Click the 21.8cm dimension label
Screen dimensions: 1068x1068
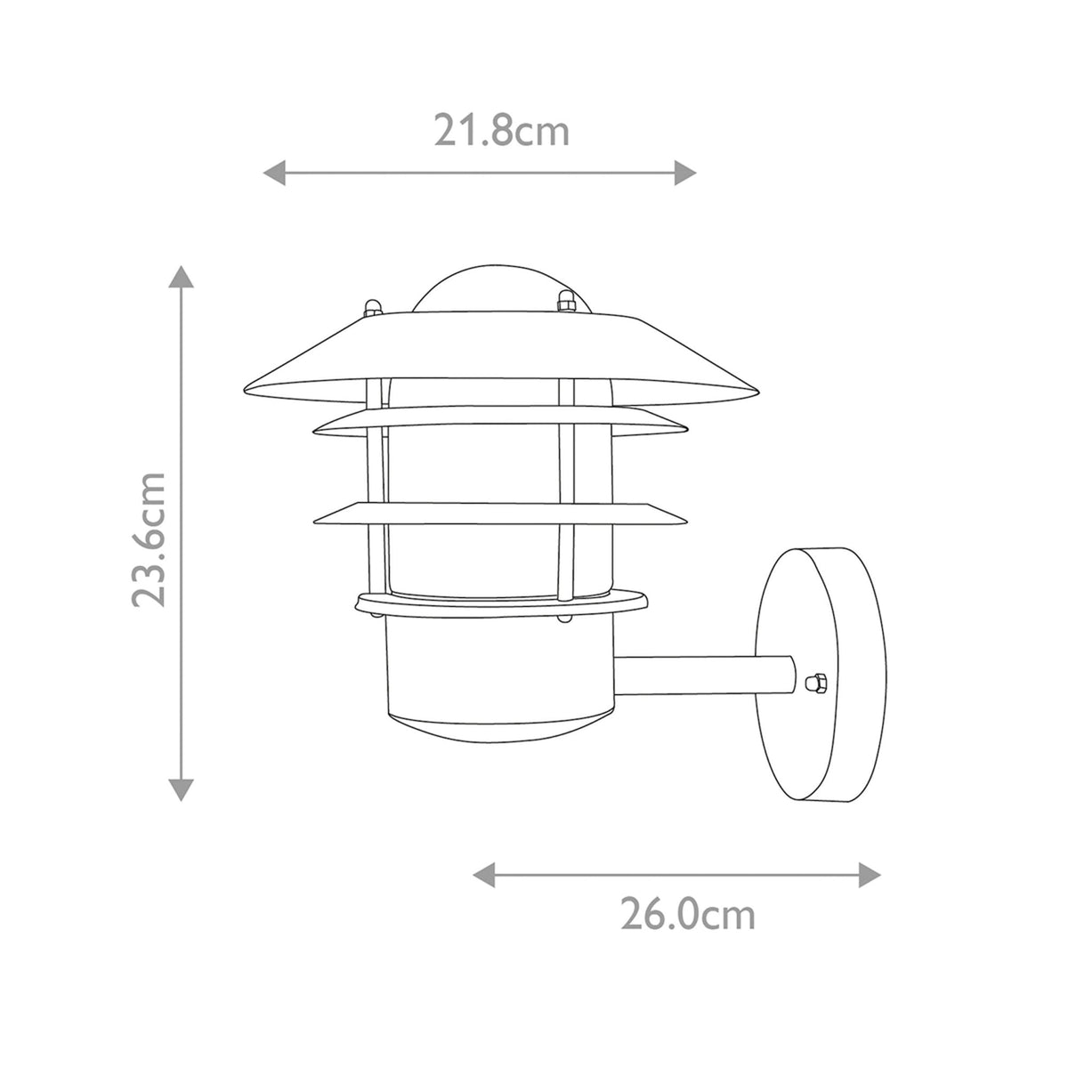point(501,132)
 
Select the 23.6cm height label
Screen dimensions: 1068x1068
point(149,539)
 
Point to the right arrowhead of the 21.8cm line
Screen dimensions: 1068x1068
point(685,173)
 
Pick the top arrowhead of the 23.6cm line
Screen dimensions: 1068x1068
point(182,277)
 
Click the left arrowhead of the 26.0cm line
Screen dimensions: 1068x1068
point(483,874)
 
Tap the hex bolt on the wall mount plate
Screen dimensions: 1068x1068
point(812,684)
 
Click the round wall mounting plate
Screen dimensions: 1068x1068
point(823,676)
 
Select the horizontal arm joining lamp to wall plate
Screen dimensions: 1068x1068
point(703,676)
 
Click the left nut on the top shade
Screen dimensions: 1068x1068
point(374,308)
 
